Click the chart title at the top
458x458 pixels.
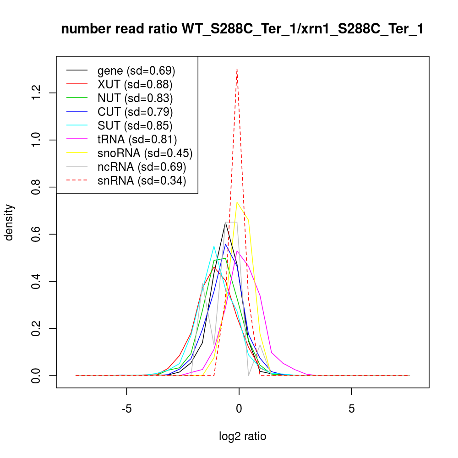[x=242, y=29]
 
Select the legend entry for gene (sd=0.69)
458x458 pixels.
[x=136, y=71]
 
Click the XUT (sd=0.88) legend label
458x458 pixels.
[x=135, y=84]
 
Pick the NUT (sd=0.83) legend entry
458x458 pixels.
[x=135, y=98]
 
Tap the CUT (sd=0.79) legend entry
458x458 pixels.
[x=135, y=112]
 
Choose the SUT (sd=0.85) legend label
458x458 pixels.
[x=135, y=125]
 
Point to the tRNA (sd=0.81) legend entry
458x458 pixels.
[x=137, y=139]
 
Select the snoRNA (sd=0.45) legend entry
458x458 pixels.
[x=145, y=153]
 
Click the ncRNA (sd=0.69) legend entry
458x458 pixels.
[x=142, y=167]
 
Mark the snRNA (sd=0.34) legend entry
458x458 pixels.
[x=142, y=180]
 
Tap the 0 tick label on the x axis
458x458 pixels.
[x=239, y=409]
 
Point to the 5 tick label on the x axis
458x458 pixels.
[x=351, y=409]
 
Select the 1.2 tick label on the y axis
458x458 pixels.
[x=38, y=93]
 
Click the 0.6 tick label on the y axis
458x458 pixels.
[x=38, y=234]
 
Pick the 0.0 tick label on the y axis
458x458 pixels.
[x=38, y=376]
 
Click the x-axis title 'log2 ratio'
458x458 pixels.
[x=243, y=436]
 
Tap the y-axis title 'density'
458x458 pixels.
[x=9, y=222]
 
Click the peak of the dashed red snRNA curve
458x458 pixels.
[x=237, y=69]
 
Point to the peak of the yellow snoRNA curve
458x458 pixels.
[x=237, y=202]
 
